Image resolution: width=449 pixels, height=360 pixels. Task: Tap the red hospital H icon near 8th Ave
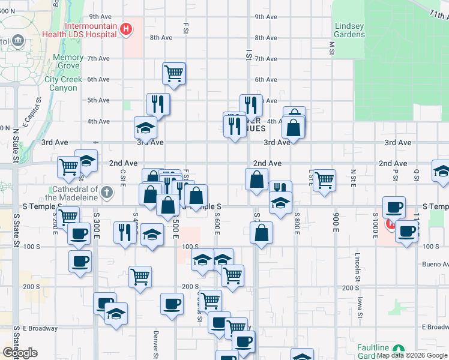[x=126, y=29]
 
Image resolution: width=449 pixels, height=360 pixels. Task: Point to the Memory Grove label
[x=68, y=61]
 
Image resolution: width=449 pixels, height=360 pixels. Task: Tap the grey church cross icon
[x=107, y=192]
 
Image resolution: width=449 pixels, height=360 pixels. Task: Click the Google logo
[x=20, y=353]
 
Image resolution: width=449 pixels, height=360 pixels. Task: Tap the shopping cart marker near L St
[x=324, y=179]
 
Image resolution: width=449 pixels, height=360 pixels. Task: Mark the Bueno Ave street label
[x=432, y=264]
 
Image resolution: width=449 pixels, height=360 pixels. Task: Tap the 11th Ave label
[x=439, y=13]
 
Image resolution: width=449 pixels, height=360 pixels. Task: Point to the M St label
[x=331, y=46]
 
